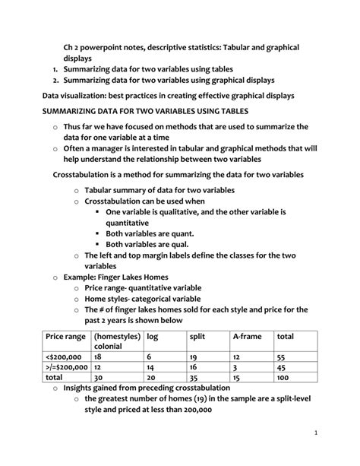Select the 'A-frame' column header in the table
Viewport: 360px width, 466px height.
[248, 336]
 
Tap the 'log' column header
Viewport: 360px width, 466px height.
[153, 336]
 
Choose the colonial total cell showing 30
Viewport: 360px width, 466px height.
[99, 376]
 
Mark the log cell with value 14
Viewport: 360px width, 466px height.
[151, 366]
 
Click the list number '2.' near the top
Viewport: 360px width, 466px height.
[56, 81]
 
